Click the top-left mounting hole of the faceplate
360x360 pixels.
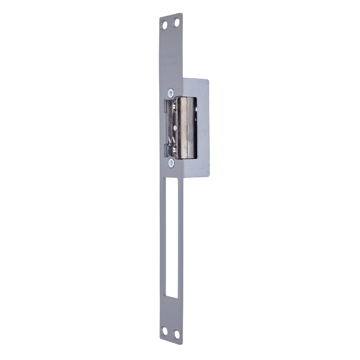point(165,25)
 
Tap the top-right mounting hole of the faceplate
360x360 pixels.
point(177,23)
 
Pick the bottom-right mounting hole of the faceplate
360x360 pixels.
point(177,334)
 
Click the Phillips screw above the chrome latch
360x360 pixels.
point(171,92)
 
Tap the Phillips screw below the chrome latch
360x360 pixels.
point(171,163)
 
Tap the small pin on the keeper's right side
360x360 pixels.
point(196,109)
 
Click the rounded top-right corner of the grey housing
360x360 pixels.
point(207,81)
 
